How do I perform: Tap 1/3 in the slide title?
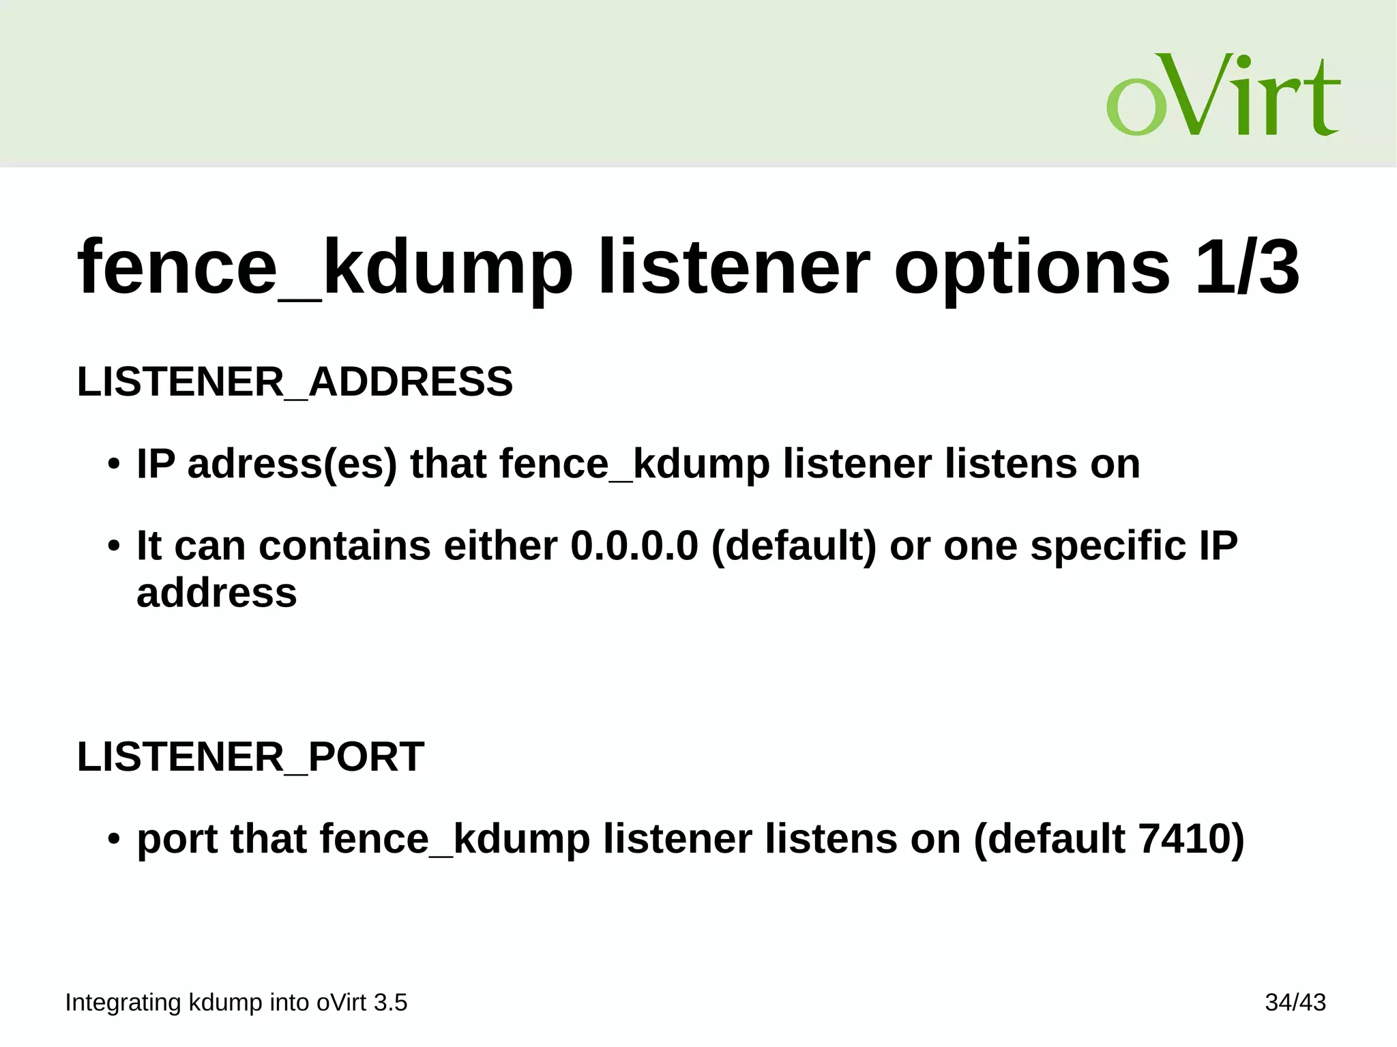coord(1248,267)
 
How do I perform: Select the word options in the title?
coord(1032,267)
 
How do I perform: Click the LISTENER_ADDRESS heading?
coord(295,382)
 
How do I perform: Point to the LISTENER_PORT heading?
coord(250,757)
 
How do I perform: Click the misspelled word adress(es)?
coord(292,464)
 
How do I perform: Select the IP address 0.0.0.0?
coord(634,546)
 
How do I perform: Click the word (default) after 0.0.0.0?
coord(793,546)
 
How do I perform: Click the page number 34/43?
coord(1295,1003)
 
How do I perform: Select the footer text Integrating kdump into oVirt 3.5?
coord(236,1003)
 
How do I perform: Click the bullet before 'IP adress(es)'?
coord(114,465)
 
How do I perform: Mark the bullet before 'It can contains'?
coord(114,547)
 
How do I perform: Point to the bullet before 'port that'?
coord(114,840)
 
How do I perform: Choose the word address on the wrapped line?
coord(217,593)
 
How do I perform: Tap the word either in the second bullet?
coord(500,546)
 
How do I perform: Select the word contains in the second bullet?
coord(344,546)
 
